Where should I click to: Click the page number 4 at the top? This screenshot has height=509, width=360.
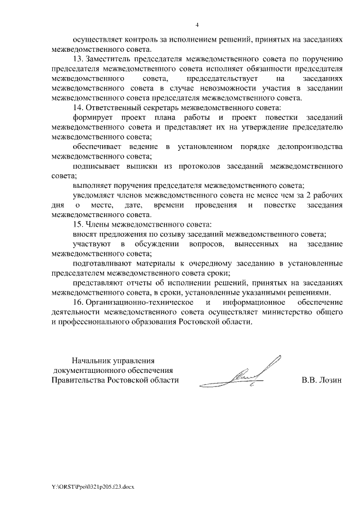[x=197, y=24]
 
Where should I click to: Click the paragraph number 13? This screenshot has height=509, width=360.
[x=78, y=59]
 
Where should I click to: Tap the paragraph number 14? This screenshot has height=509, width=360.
[x=78, y=107]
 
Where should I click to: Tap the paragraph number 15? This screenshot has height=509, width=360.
[x=78, y=225]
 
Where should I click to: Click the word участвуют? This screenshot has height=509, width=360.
[x=92, y=245]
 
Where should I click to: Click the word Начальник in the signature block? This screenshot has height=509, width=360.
[x=93, y=361]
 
